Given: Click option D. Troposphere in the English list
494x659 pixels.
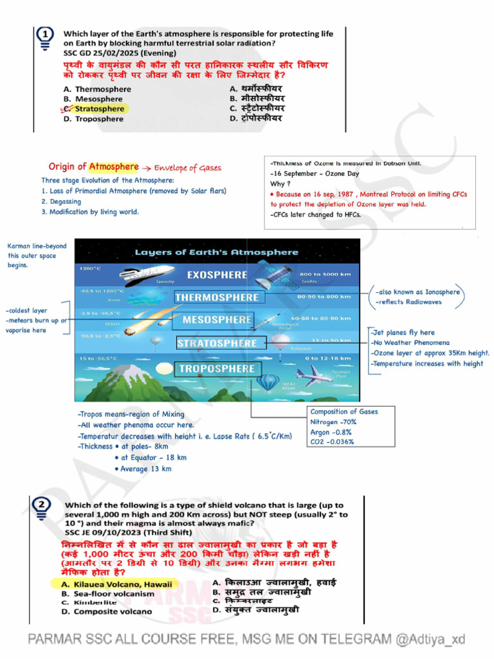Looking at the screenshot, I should point(93,119).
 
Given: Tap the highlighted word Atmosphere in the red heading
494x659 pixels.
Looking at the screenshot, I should point(114,167).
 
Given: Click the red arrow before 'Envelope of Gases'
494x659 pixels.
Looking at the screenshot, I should point(145,168).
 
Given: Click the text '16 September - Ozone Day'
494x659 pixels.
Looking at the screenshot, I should point(315,174).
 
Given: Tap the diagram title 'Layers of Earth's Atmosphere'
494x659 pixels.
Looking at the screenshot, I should point(217,252).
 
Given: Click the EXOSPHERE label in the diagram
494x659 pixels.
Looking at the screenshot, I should point(217,275).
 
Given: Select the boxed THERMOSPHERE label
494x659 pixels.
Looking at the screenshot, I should point(217,297).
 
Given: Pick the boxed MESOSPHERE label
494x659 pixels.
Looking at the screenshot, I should point(217,320).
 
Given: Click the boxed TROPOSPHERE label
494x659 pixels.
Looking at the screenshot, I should point(217,369).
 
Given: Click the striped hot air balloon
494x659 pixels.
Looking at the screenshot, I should point(267,382).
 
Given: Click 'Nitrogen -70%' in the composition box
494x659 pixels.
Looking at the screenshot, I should point(333,422).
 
